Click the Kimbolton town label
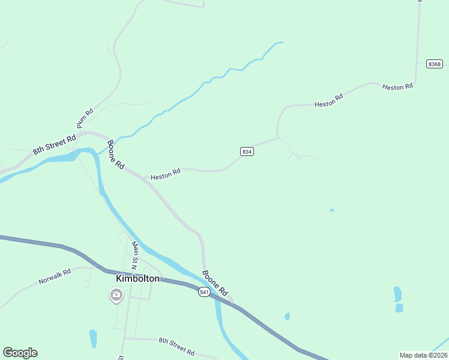tap(138, 278)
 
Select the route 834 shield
tap(247, 152)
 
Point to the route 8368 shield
tap(435, 64)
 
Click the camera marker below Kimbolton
tap(116, 295)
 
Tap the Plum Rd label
tap(85, 118)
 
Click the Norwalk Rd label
tap(55, 277)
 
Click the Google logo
tap(20, 352)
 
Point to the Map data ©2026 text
tap(423, 355)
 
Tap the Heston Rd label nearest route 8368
tap(397, 87)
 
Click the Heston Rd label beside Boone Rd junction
tap(166, 174)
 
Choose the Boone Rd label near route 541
tap(214, 283)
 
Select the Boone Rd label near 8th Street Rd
tap(115, 155)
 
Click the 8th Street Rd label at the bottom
tap(176, 346)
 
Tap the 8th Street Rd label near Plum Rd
tap(54, 145)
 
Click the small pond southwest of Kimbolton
tap(93, 338)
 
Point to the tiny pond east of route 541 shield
tap(287, 316)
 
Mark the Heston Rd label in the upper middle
tap(328, 100)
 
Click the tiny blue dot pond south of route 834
tap(331, 210)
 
